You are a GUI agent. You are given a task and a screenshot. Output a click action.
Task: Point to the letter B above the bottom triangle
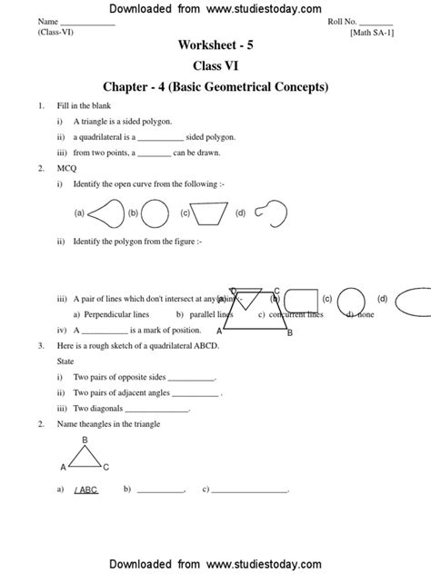pyautogui.click(x=85, y=440)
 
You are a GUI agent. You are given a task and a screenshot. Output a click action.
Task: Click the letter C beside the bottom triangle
pyautogui.click(x=105, y=468)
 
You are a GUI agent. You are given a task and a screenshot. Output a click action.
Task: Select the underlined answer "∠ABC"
pyautogui.click(x=87, y=490)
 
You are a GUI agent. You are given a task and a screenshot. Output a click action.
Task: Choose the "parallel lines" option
pyautogui.click(x=212, y=315)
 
